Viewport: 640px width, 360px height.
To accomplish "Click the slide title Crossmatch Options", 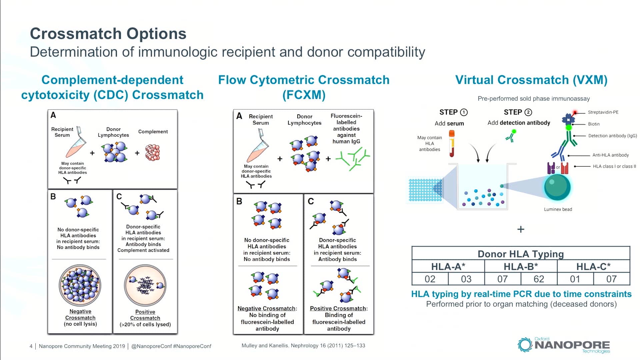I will click(108, 34).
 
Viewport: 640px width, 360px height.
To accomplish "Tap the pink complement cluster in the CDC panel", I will click(153, 153).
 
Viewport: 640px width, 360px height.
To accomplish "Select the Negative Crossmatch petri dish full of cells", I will click(80, 286).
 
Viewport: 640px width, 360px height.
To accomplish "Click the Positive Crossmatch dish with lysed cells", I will click(145, 286).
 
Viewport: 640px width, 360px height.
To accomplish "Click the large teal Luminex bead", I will click(557, 187).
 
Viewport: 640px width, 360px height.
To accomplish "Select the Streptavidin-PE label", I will click(603, 112).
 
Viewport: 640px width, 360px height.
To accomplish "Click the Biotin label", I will click(593, 124).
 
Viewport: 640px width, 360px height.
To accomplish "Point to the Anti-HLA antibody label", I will click(610, 155).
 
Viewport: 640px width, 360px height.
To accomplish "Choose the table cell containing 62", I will click(539, 279).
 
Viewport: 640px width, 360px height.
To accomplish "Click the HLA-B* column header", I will click(520, 267).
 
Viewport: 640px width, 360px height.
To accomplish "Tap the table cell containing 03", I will click(466, 279).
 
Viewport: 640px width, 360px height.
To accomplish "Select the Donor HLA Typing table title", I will click(520, 254).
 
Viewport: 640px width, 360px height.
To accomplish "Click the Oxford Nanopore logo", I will click(564, 345).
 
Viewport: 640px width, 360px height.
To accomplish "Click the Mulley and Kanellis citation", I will click(303, 346).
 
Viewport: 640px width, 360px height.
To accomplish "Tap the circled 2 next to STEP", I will click(528, 112).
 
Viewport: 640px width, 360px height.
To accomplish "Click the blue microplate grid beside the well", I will click(425, 190).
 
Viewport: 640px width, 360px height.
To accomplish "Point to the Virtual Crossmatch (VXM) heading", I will click(531, 80).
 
